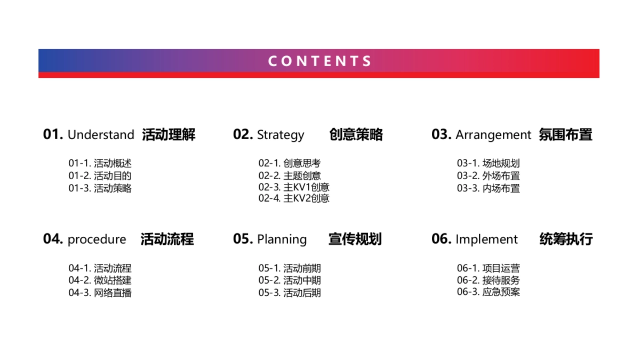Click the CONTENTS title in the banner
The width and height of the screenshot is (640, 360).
319,61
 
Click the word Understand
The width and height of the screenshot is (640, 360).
101,135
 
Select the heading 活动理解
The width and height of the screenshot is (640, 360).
169,135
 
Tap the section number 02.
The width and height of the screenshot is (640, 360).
243,134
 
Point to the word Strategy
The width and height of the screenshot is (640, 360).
281,135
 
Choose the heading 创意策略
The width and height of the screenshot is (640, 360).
356,135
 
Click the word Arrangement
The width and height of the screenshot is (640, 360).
493,135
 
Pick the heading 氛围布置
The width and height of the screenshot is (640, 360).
565,135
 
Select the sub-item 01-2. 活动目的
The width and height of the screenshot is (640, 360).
100,175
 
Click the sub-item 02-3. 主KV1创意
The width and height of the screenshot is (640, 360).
294,187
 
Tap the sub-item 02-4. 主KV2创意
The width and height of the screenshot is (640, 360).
294,198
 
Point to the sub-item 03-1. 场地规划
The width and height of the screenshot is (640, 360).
488,163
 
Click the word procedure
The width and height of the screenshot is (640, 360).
97,239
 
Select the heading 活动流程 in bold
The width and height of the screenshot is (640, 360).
167,239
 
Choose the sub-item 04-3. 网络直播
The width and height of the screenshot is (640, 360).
100,292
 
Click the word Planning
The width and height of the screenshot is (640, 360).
282,239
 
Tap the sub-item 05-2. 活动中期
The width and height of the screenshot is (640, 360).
290,280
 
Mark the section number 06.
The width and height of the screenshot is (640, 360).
442,239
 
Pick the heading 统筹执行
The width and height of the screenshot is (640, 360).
566,239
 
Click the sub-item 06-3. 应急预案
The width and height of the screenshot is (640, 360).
488,292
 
